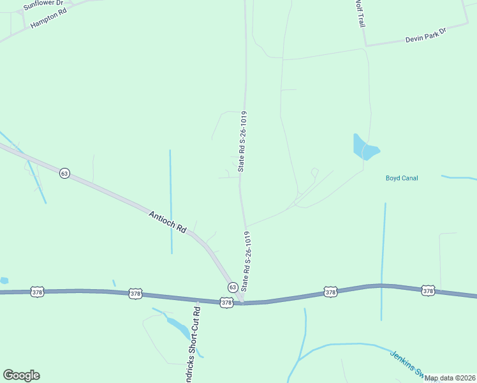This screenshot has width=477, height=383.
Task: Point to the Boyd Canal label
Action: coord(402,178)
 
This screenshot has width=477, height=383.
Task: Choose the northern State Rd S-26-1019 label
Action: coord(242,141)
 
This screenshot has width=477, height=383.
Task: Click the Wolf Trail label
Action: coord(359,13)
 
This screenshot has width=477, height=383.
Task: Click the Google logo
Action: coord(21,375)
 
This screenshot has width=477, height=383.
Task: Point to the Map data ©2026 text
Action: coord(450,378)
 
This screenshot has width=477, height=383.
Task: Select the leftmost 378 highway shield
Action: coord(37,291)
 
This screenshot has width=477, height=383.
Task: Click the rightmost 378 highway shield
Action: coord(428,291)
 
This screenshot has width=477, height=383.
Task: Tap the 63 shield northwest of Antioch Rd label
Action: coord(64,173)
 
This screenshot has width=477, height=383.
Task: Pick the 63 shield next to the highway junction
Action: coord(232,287)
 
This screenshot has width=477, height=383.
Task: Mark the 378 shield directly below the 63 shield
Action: coord(226,302)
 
